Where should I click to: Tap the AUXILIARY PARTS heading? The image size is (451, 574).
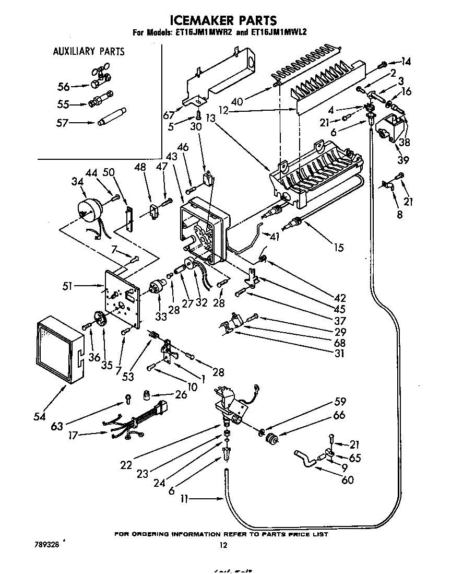click(89, 51)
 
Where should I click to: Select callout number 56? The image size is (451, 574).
click(63, 87)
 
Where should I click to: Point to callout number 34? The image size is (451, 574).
click(76, 181)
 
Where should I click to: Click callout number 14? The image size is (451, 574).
click(405, 62)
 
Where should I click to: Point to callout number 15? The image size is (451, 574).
click(339, 247)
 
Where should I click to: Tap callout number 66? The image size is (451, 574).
click(339, 416)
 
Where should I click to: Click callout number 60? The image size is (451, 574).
click(347, 480)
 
